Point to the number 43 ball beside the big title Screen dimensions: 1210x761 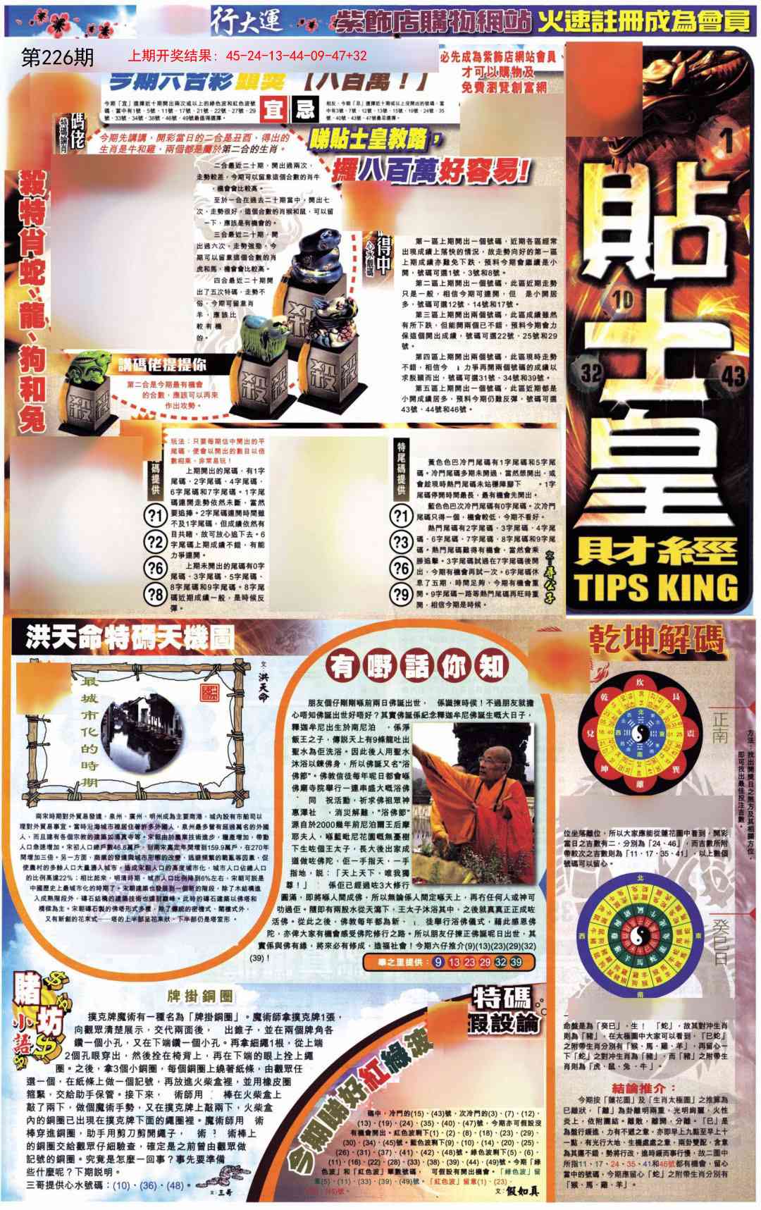tap(734, 374)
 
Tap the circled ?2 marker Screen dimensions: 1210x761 tap(155, 542)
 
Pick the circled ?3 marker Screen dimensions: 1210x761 tap(402, 542)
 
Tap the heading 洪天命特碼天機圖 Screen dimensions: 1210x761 tap(130, 638)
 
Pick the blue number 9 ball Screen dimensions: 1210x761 tap(438, 962)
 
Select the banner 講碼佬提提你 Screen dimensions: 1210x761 tap(162, 365)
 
